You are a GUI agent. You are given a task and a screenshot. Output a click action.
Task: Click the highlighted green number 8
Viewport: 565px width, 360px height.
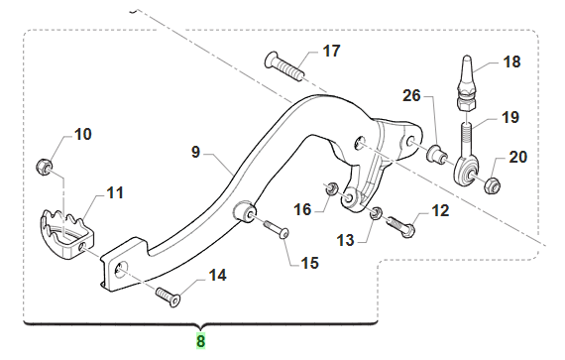pyautogui.click(x=200, y=341)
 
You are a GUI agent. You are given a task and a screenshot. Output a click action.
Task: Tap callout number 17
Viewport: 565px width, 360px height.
pyautogui.click(x=331, y=51)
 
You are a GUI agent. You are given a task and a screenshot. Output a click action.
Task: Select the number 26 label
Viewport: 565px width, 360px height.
pyautogui.click(x=411, y=95)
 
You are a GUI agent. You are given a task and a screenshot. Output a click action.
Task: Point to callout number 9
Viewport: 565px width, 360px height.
pyautogui.click(x=195, y=152)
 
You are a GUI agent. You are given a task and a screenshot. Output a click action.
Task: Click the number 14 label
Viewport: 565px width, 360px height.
pyautogui.click(x=218, y=276)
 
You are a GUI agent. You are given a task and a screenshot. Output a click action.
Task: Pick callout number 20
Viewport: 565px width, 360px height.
pyautogui.click(x=517, y=157)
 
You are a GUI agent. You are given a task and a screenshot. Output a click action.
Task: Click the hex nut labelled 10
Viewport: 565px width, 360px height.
pyautogui.click(x=44, y=167)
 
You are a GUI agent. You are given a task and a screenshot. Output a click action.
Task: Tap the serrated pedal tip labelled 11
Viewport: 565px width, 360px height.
pyautogui.click(x=66, y=234)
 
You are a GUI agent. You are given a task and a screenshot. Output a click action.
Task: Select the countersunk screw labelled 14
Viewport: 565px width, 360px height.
pyautogui.click(x=169, y=297)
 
